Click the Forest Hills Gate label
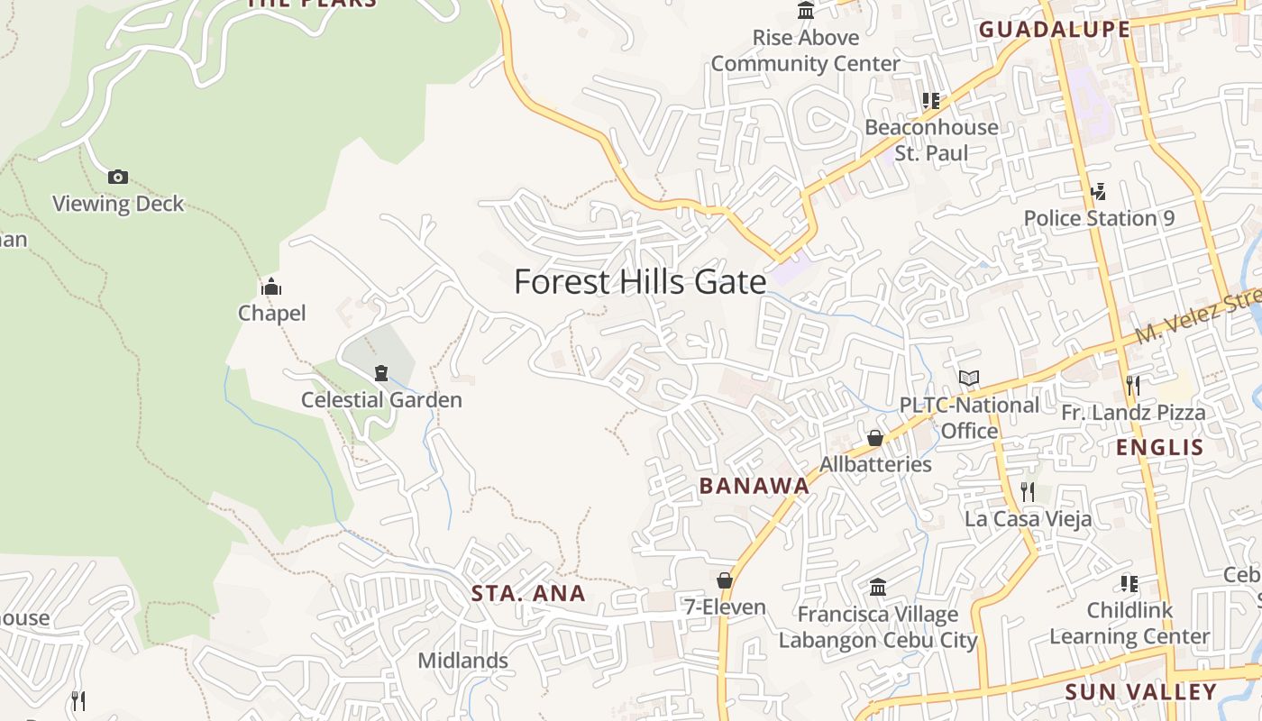point(640,282)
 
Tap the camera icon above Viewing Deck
point(117,178)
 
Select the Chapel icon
point(271,287)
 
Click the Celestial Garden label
point(381,400)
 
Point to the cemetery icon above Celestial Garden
point(381,373)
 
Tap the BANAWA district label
point(754,486)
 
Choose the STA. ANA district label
point(528,593)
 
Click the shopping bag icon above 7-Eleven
point(725,580)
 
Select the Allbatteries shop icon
point(874,438)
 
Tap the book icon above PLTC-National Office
point(969,379)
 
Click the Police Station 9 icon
point(1098,191)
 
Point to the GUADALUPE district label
point(1054,30)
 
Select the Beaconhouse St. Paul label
point(931,140)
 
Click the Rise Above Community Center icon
point(806,11)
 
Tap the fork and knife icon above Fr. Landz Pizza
point(1133,386)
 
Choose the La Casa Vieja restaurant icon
point(1028,491)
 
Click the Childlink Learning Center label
point(1129,623)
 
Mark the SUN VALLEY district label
point(1140,692)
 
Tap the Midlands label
point(463,661)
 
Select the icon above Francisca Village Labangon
point(878,589)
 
